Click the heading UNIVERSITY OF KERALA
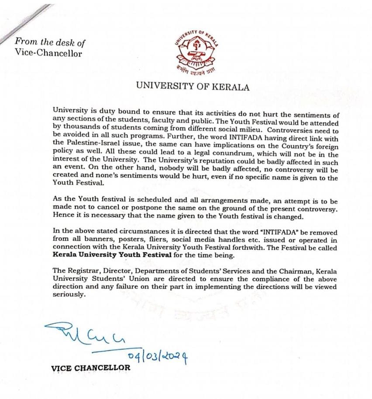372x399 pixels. click(193, 86)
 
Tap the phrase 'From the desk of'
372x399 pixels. click(50, 42)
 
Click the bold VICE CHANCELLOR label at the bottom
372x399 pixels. click(91, 368)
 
